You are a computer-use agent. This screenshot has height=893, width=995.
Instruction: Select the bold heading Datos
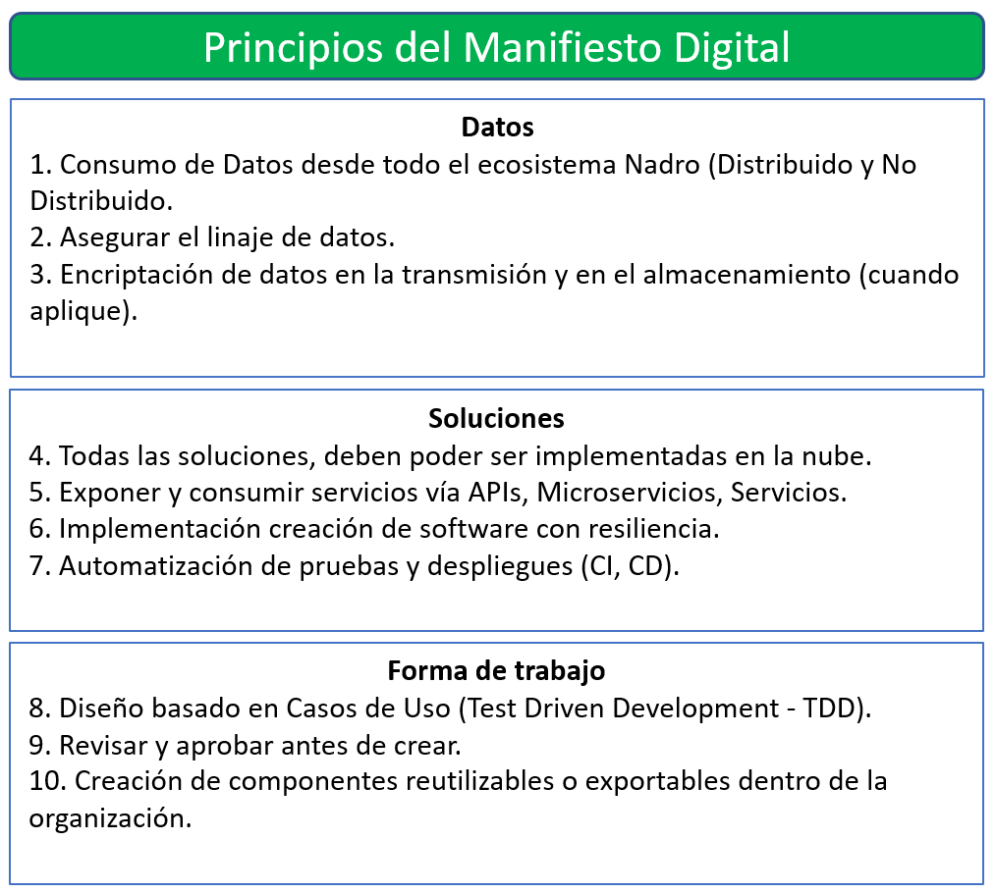tap(497, 128)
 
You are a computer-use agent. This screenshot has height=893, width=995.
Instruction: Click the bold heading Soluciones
tap(496, 419)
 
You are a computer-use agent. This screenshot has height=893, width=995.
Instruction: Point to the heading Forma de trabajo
tap(496, 671)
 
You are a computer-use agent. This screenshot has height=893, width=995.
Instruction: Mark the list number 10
tap(46, 782)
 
